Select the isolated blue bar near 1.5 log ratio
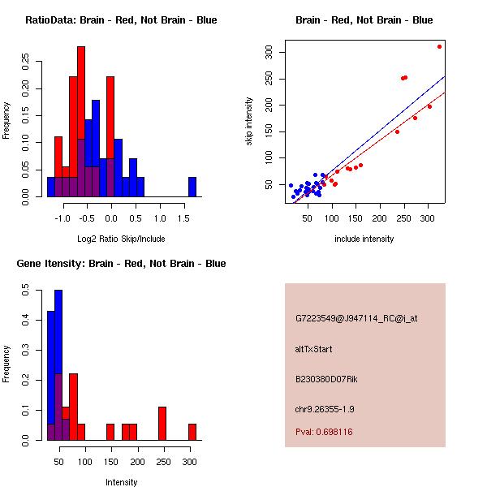pyautogui.click(x=192, y=187)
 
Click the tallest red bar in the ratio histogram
pyautogui.click(x=81, y=122)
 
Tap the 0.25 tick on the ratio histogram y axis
pyautogui.click(x=27, y=60)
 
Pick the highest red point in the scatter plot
pyautogui.click(x=439, y=46)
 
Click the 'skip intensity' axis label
pyautogui.click(x=249, y=122)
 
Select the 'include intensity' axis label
pyautogui.click(x=364, y=239)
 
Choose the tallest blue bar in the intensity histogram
pyautogui.click(x=58, y=365)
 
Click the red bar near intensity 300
pyautogui.click(x=192, y=432)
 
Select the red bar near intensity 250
pyautogui.click(x=162, y=423)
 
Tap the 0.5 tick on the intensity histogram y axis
pyautogui.click(x=27, y=288)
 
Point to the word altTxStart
pyautogui.click(x=313, y=349)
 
